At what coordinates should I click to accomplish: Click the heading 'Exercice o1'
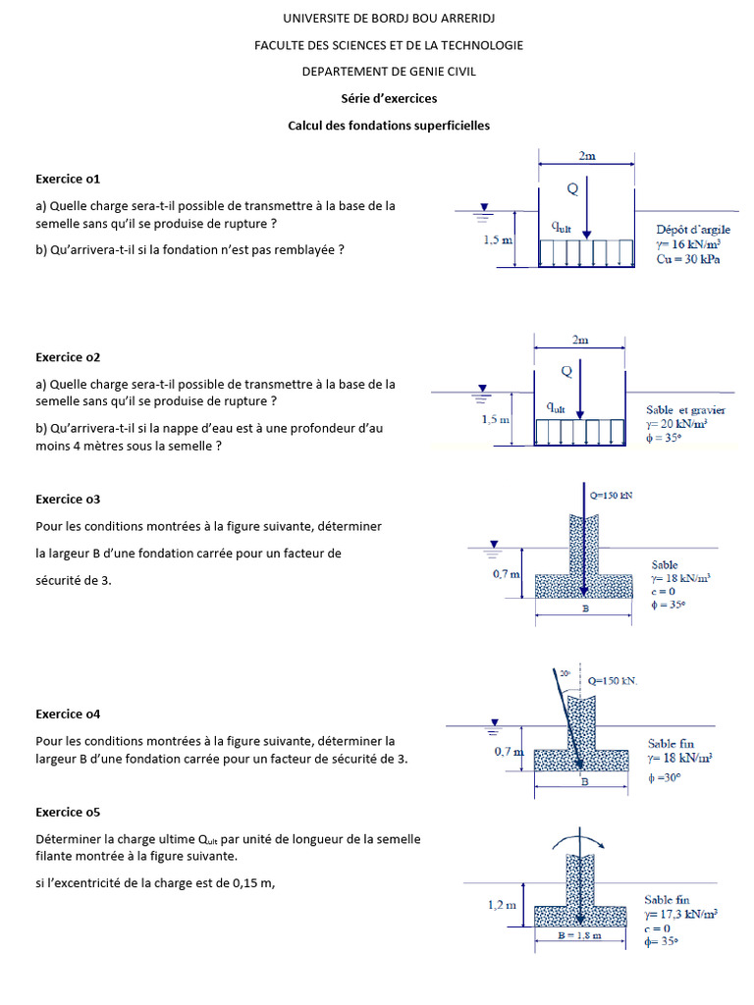(68, 179)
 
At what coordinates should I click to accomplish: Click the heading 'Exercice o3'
(68, 499)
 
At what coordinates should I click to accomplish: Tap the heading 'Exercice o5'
(68, 812)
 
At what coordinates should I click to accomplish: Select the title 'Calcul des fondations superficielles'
(388, 126)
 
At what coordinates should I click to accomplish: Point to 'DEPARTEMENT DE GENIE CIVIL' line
(388, 72)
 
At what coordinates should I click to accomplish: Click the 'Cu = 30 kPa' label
(688, 260)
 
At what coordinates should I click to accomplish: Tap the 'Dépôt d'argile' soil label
(693, 230)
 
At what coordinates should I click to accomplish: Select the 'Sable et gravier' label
(685, 409)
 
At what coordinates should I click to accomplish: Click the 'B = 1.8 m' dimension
(581, 935)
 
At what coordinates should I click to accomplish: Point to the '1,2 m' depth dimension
(502, 905)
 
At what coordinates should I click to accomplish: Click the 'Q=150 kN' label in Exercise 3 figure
(611, 496)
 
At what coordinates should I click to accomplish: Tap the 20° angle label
(565, 674)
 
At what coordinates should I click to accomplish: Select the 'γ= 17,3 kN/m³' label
(680, 914)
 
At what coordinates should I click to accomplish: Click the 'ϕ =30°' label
(666, 778)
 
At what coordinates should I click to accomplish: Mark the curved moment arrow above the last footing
(581, 835)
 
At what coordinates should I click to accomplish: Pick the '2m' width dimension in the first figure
(587, 155)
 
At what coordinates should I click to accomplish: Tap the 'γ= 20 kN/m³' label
(677, 424)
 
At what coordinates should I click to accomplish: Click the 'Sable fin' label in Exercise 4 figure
(668, 743)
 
